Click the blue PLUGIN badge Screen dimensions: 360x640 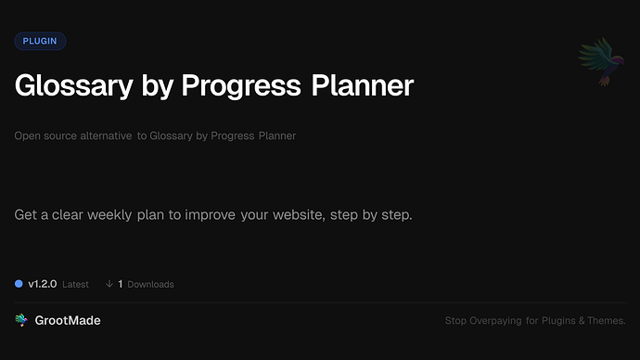40,41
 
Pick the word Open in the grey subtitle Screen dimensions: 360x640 27,136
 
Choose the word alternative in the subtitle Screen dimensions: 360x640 103,136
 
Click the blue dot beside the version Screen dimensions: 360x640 19,284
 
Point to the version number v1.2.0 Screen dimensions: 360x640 43,284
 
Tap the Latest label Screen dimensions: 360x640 75,284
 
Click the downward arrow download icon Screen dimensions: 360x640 109,284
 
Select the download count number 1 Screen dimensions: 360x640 121,284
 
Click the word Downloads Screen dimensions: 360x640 150,284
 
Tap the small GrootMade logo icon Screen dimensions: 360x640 21,320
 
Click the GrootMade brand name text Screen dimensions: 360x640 70,320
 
